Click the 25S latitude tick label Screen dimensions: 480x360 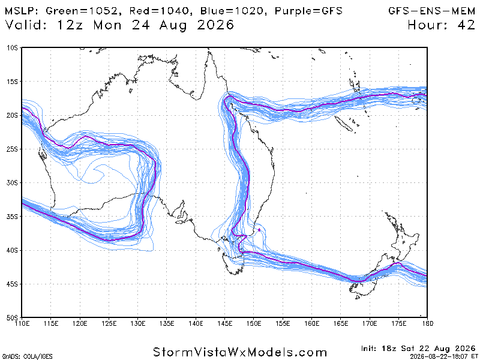[13, 149]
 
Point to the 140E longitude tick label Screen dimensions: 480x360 [196, 323]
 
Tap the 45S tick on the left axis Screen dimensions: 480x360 [13, 284]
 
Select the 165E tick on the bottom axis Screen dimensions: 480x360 [341, 323]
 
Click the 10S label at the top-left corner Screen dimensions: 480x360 [13, 48]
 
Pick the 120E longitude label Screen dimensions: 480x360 [80, 323]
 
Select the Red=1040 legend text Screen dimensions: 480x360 [160, 11]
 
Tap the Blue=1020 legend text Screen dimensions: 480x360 [232, 11]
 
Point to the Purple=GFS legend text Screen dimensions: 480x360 [308, 11]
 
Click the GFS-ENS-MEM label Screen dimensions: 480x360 [431, 11]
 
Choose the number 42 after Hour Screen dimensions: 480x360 [466, 25]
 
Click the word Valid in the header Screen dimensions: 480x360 [26, 25]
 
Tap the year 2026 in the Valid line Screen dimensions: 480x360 [215, 25]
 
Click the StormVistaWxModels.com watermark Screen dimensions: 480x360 [240, 352]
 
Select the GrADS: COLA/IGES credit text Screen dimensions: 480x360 [27, 356]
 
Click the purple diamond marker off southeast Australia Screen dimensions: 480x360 [259, 230]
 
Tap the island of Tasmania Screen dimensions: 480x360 [234, 263]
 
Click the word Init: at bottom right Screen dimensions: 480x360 [369, 349]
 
